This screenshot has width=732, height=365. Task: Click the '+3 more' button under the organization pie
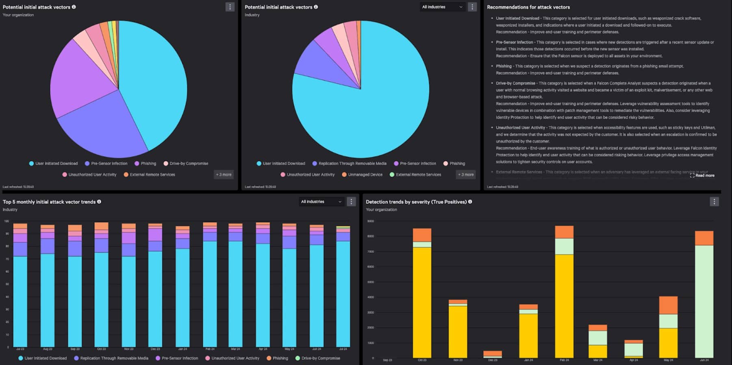(224, 175)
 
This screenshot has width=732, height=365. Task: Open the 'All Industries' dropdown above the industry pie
(442, 7)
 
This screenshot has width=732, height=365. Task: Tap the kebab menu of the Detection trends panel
(714, 202)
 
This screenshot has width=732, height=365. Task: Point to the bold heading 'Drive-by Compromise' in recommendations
(515, 83)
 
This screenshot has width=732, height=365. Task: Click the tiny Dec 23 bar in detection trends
(493, 354)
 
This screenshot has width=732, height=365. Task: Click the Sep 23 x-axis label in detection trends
(387, 360)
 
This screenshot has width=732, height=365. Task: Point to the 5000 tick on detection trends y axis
(370, 282)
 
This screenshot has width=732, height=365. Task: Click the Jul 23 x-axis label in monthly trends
(20, 349)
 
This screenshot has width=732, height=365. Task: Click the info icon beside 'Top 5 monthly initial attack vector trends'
(99, 202)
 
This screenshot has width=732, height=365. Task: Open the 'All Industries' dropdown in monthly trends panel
(321, 202)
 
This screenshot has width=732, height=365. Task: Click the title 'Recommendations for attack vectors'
(528, 7)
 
